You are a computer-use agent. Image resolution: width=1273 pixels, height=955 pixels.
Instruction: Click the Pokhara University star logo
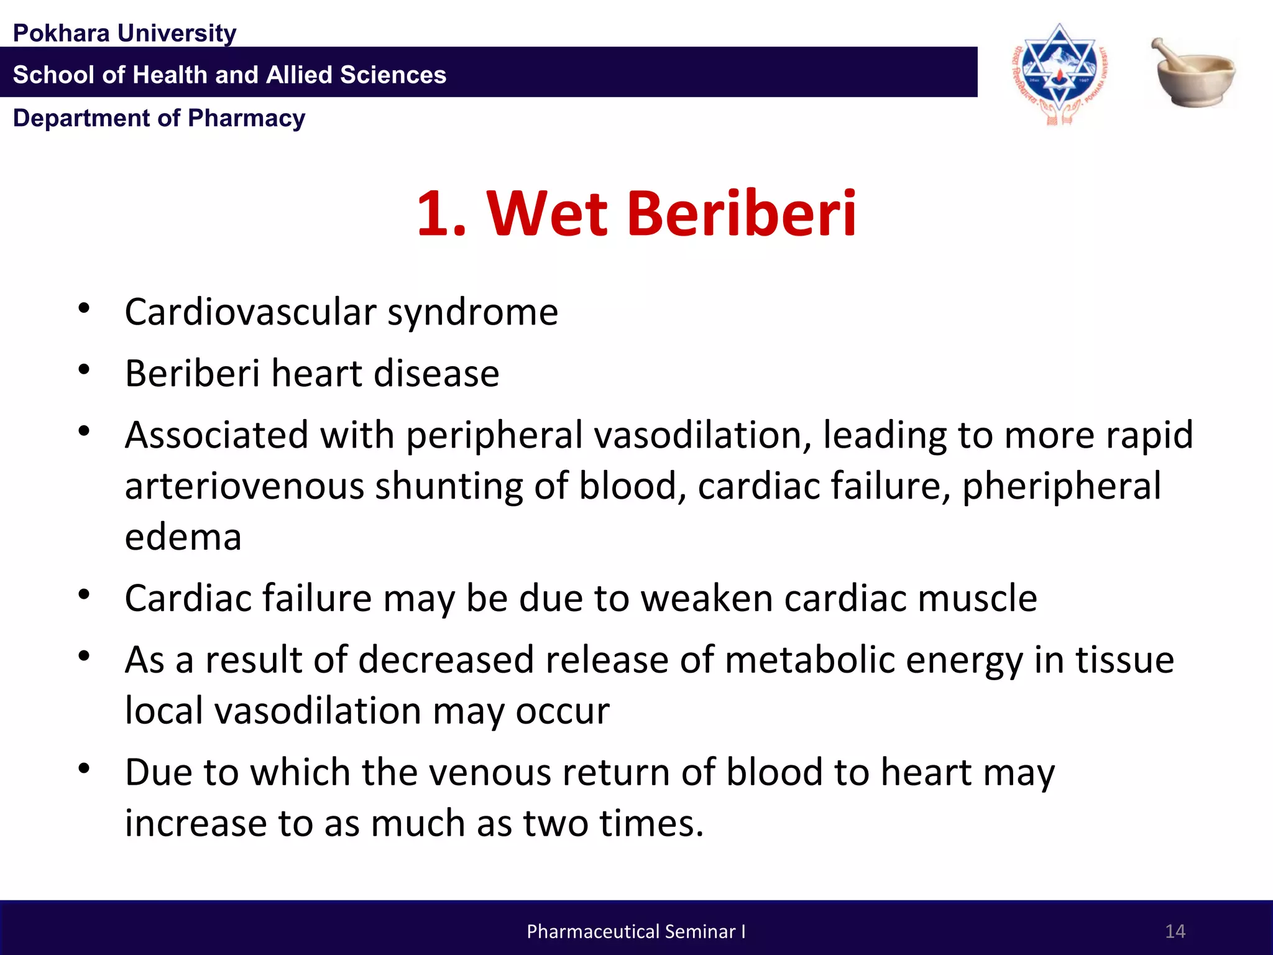coord(1059,73)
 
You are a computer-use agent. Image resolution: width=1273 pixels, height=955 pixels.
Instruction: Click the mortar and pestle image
coord(1193,73)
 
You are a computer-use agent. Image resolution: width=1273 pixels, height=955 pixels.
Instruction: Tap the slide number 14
coord(1175,931)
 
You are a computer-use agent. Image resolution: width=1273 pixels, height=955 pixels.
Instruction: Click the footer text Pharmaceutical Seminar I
coord(636,931)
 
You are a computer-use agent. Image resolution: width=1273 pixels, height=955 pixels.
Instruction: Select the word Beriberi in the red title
coord(742,214)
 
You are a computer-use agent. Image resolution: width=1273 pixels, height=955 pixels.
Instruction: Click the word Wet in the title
coord(547,214)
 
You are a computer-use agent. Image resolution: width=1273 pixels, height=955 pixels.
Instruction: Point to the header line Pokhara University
coord(124,33)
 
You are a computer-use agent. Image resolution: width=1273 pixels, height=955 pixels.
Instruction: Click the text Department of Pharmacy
coord(159,118)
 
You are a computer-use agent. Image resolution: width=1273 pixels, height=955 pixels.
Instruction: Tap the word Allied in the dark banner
coord(297,75)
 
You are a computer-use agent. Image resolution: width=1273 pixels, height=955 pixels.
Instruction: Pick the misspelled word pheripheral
coord(1062,487)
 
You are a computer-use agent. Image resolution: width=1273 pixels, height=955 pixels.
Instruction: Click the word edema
coord(183,538)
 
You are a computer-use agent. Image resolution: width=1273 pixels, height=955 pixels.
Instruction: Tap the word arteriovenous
coord(244,487)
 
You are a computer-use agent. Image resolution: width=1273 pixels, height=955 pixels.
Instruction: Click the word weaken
coord(706,599)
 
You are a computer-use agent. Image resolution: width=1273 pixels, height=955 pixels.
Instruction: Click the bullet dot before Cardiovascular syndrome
coord(84,308)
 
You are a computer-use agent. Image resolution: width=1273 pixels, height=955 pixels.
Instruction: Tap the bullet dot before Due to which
coord(84,769)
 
